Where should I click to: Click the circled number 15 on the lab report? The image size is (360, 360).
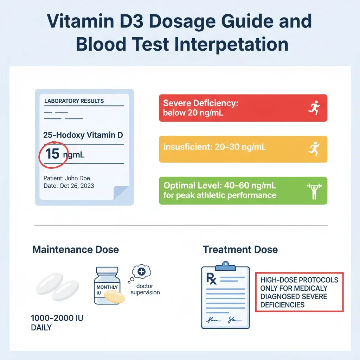52,154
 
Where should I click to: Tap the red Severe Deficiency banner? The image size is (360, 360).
243,108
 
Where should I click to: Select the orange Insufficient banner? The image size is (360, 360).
243,149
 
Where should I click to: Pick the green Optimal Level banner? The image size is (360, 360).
243,191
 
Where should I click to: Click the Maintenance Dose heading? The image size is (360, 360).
76,250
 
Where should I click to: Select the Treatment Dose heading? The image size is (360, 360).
240,250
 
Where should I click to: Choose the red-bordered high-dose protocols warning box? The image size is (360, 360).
299,292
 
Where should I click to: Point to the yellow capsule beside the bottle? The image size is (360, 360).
115,297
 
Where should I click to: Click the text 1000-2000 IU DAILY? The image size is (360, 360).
57,323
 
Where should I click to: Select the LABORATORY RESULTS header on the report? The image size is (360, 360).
74,101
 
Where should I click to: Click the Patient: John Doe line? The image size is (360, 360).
67,178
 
